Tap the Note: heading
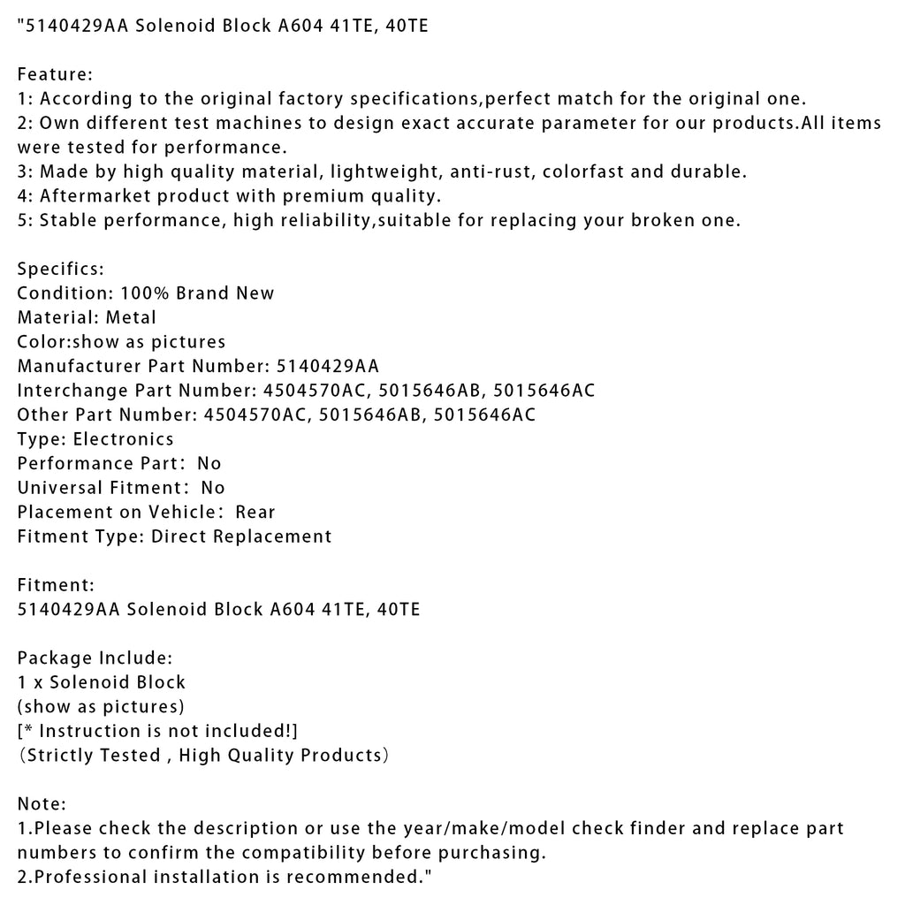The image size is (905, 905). click(x=42, y=803)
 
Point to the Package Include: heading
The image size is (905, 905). click(x=95, y=658)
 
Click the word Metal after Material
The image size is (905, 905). click(x=130, y=317)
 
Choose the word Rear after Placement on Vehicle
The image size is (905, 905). click(x=255, y=512)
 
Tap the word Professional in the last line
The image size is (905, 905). click(x=85, y=877)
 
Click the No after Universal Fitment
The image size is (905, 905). click(x=213, y=488)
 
